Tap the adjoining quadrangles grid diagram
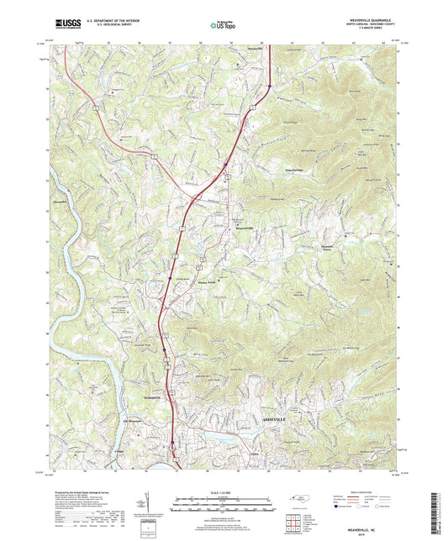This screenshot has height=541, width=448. (x=293, y=522)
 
